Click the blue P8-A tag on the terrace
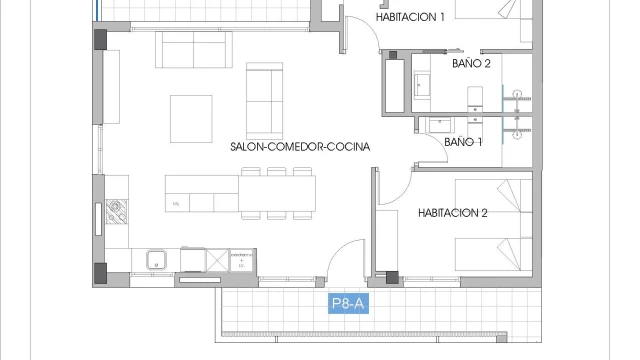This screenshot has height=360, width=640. [x=349, y=303]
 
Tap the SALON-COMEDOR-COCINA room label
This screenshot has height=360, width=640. [x=300, y=147]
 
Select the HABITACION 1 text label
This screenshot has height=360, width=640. [x=410, y=17]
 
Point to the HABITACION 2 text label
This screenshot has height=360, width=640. [x=453, y=213]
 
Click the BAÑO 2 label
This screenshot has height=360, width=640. [x=471, y=63]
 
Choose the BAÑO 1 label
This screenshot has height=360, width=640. [x=463, y=142]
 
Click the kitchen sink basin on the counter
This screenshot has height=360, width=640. [x=156, y=260]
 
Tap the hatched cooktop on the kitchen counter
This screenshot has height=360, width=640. [x=116, y=211]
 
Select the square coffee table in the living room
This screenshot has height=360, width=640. [x=191, y=119]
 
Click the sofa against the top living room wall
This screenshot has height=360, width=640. [x=193, y=49]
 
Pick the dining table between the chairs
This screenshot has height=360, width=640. [x=277, y=193]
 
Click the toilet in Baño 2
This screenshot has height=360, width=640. [x=475, y=98]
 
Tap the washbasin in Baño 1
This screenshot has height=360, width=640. [x=440, y=125]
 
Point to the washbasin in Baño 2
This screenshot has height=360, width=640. [x=422, y=85]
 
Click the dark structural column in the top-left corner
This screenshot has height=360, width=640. [x=100, y=39]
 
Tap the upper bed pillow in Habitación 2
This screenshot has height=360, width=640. [x=509, y=195]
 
